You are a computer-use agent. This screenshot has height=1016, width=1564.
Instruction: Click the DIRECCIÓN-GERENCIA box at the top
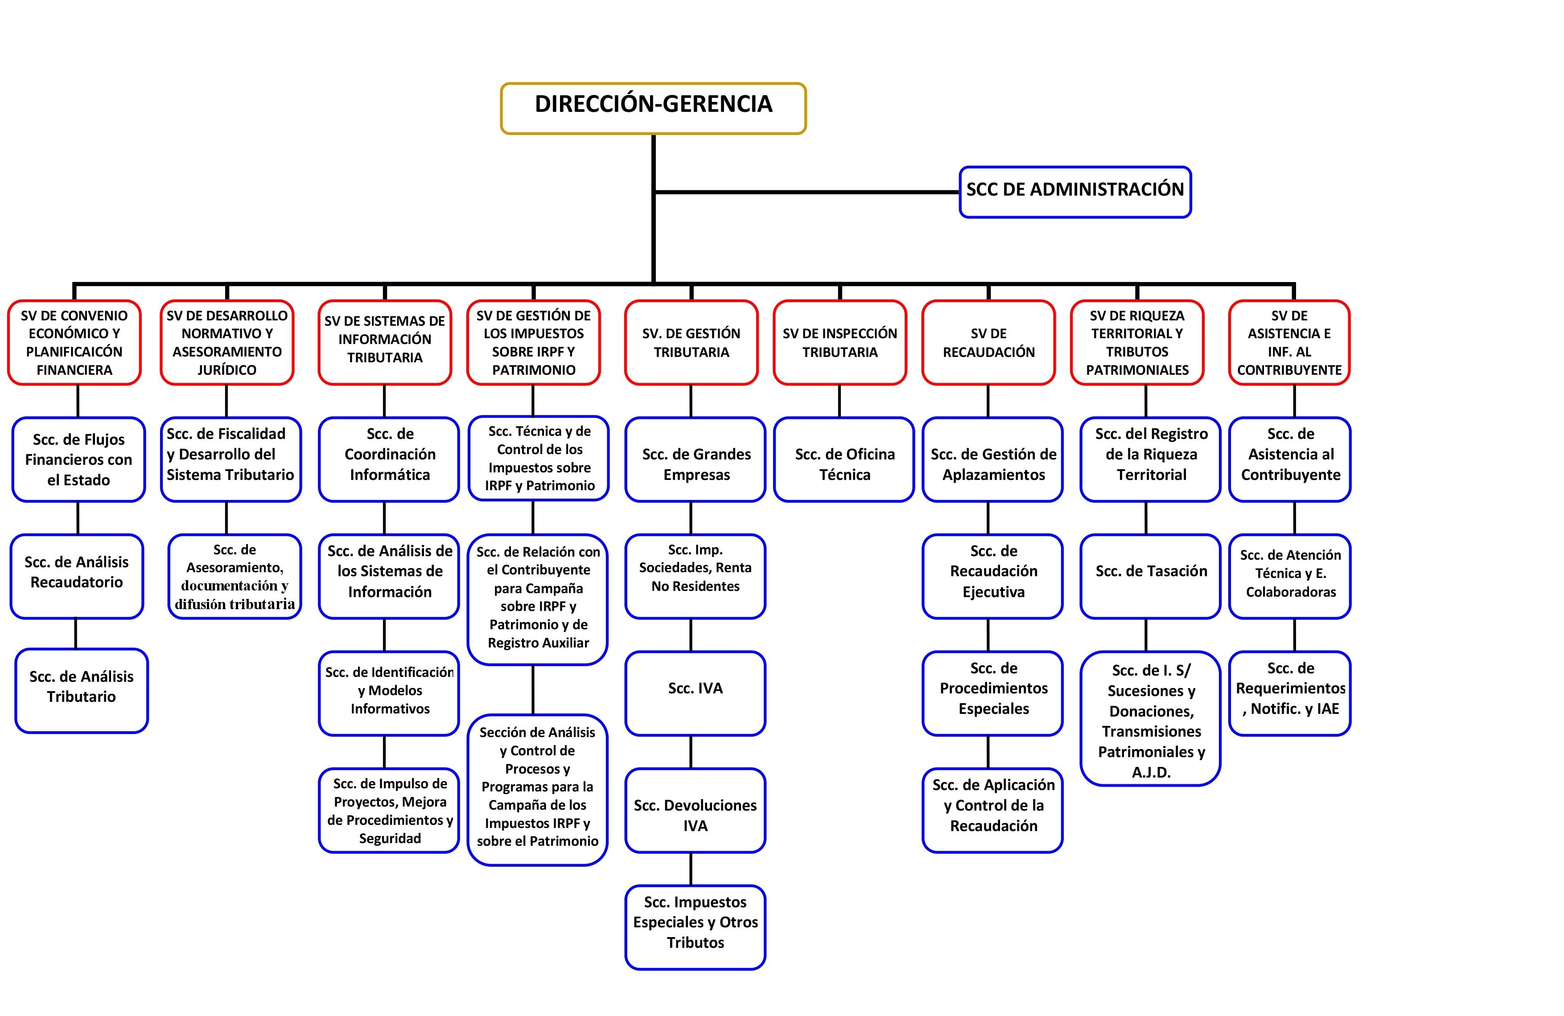(x=653, y=108)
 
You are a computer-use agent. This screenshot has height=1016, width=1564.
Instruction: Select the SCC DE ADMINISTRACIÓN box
(x=1074, y=191)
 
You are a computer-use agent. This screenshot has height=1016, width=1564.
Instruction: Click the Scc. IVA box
(x=695, y=693)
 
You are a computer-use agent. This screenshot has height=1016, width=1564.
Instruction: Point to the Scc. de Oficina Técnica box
(x=844, y=459)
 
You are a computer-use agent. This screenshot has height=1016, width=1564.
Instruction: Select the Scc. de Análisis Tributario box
(x=82, y=690)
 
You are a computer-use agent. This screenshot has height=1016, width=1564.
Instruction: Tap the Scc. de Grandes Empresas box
(x=695, y=459)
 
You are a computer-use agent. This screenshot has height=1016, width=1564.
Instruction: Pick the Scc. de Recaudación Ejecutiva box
(x=992, y=576)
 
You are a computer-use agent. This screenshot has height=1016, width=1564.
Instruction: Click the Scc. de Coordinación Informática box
(x=389, y=459)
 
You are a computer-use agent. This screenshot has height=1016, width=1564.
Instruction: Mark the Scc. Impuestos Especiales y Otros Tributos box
(x=695, y=927)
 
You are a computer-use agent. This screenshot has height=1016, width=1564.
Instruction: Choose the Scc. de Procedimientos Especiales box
(x=992, y=693)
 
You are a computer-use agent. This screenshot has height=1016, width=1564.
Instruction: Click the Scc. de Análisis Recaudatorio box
(x=77, y=576)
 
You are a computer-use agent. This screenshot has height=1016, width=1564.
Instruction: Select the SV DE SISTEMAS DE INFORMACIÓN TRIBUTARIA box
(x=384, y=342)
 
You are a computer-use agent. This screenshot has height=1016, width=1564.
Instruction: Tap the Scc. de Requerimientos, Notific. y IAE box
(x=1289, y=693)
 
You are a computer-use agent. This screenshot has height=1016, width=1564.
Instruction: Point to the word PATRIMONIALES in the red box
(x=1137, y=370)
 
